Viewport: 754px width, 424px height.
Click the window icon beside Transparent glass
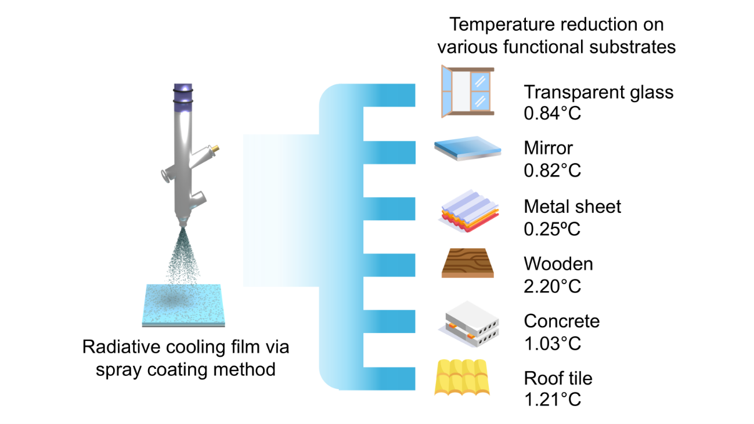(x=467, y=92)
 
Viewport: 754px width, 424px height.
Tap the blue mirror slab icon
(x=467, y=148)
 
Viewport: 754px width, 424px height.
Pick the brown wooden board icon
(x=467, y=264)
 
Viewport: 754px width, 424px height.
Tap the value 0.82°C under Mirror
(x=552, y=171)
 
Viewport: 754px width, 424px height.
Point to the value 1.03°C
(x=552, y=343)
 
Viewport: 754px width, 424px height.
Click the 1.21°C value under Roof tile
(x=552, y=400)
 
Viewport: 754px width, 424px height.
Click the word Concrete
(x=562, y=321)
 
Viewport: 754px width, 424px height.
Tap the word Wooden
(x=558, y=264)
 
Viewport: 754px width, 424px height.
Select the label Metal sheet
(x=572, y=206)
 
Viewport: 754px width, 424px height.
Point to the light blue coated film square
(x=183, y=304)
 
